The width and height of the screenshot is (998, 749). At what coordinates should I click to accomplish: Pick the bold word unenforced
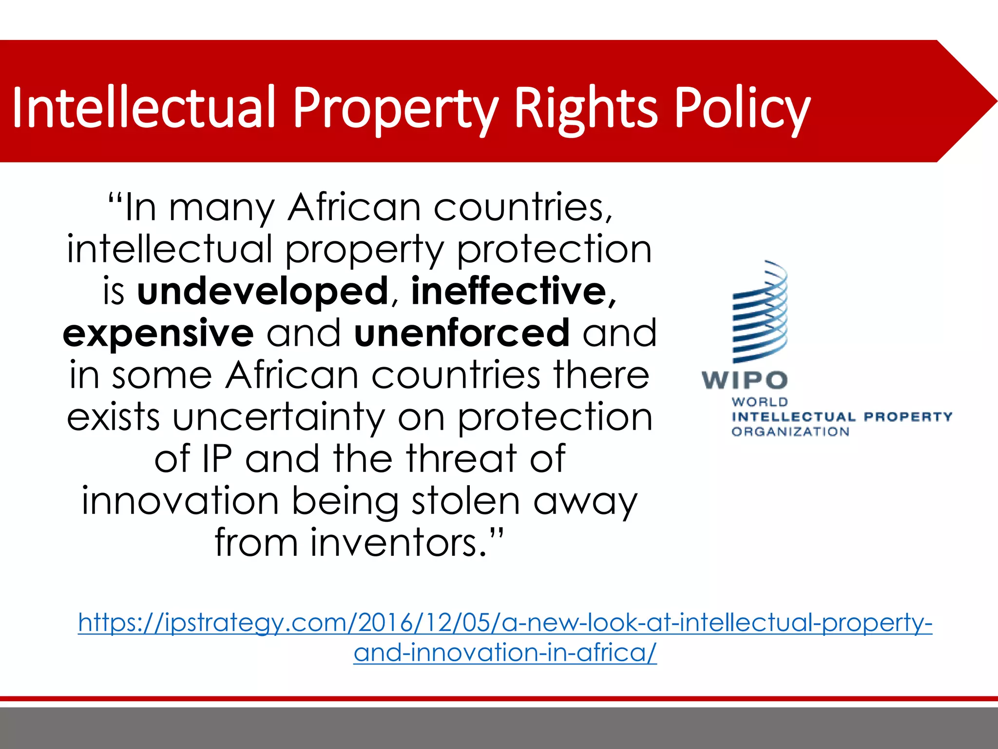pyautogui.click(x=461, y=334)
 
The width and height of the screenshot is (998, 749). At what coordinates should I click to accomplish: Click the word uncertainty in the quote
pyautogui.click(x=279, y=418)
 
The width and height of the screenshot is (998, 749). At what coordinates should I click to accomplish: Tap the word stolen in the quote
pyautogui.click(x=466, y=502)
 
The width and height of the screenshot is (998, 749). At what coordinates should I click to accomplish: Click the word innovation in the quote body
pyautogui.click(x=180, y=502)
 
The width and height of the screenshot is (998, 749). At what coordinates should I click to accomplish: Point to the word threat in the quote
pyautogui.click(x=461, y=460)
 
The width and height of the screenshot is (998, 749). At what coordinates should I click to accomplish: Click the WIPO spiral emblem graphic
pyautogui.click(x=760, y=312)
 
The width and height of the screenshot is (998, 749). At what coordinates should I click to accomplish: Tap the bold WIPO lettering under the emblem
pyautogui.click(x=745, y=380)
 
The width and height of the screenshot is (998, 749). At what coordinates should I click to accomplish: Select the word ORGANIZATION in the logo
pyautogui.click(x=790, y=432)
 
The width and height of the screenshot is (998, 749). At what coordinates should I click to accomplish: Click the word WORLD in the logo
pyautogui.click(x=760, y=402)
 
